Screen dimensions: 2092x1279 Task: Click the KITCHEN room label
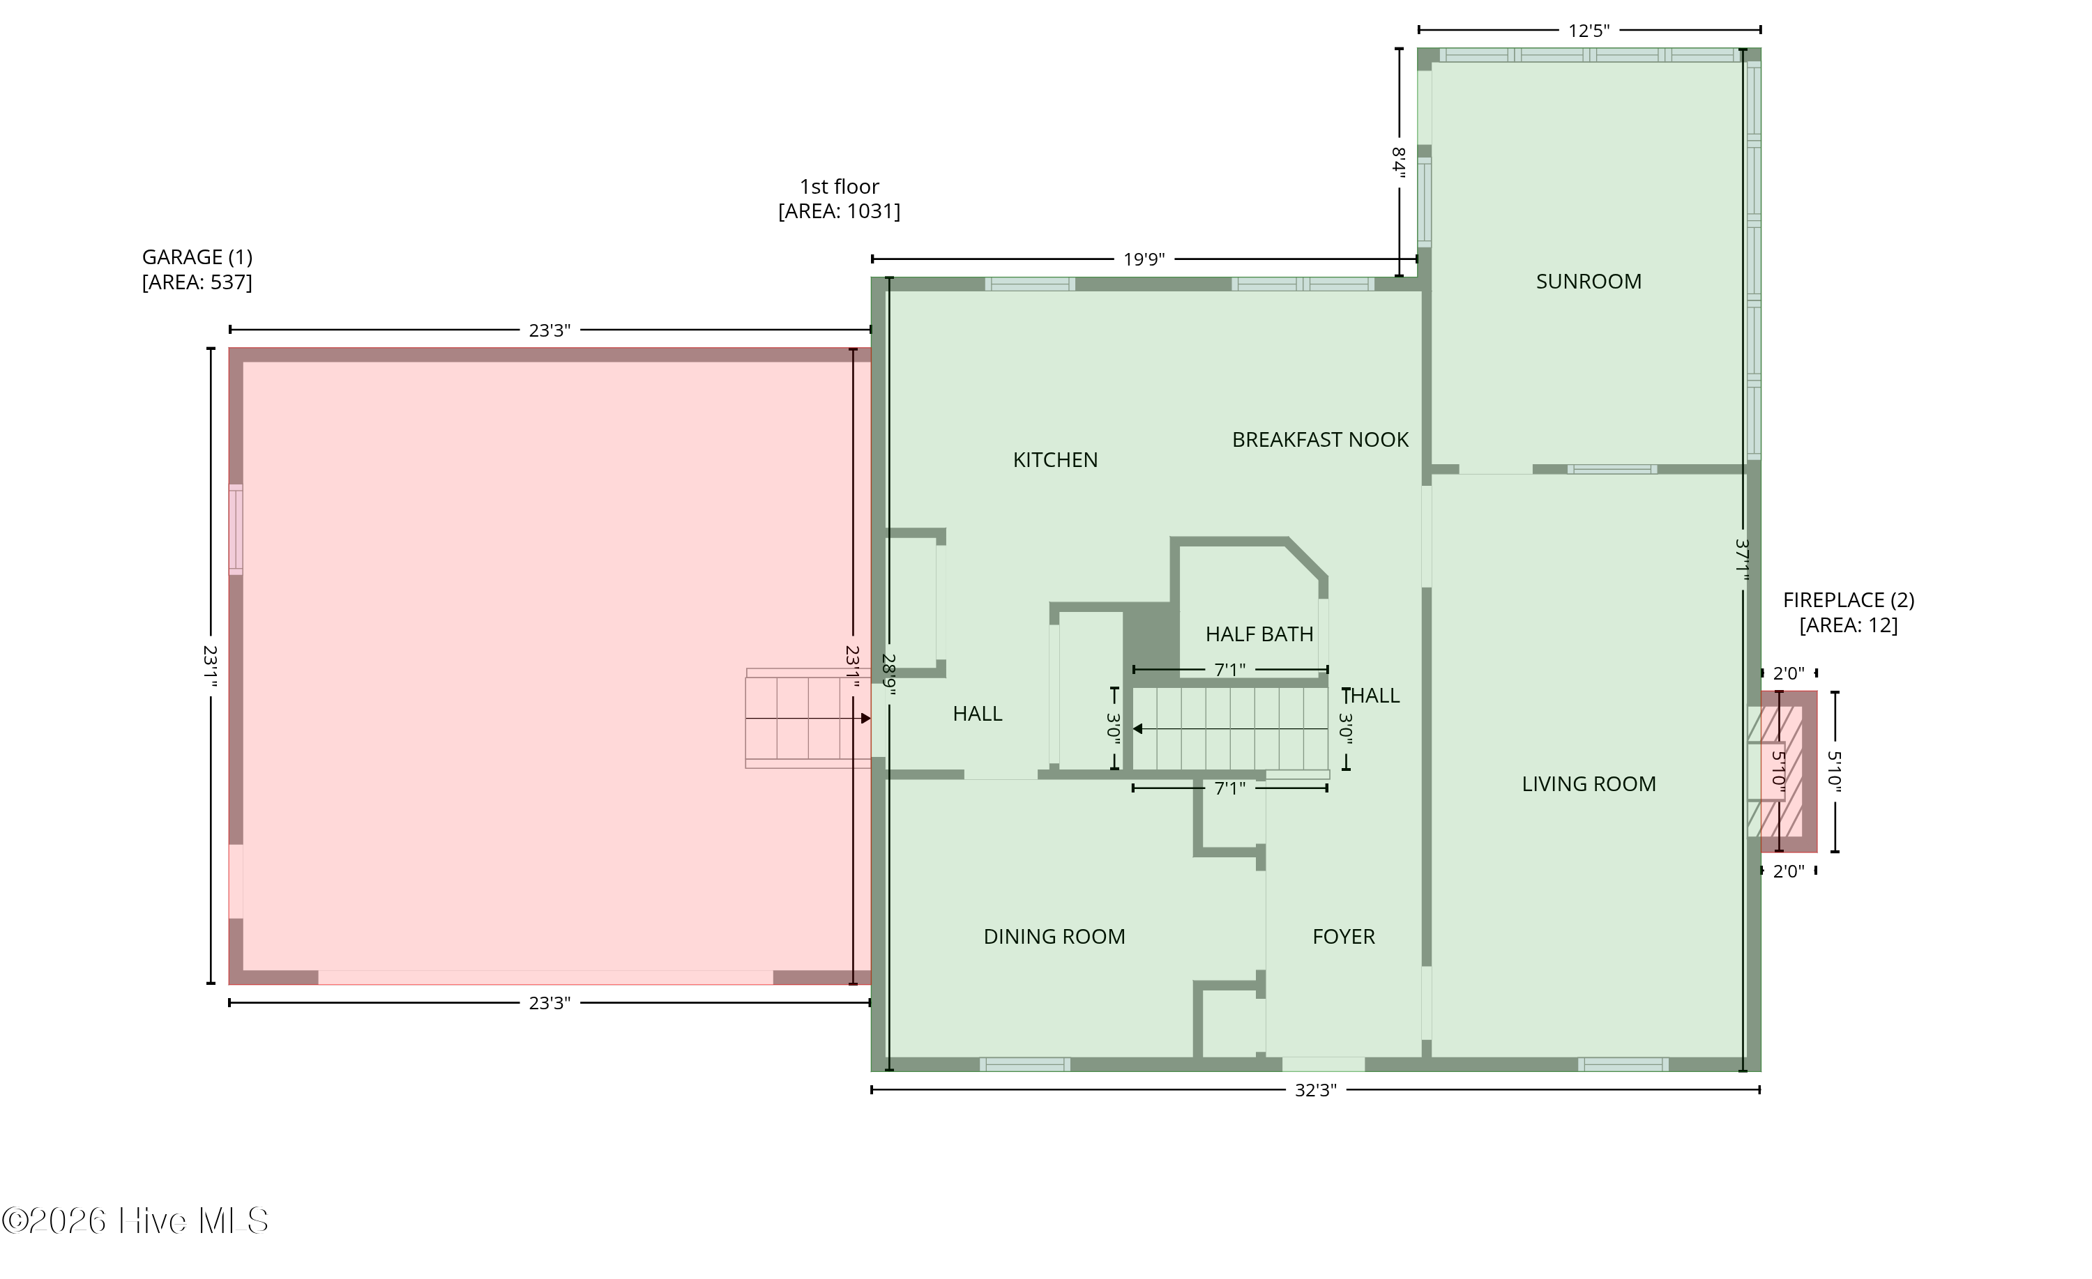pos(1055,460)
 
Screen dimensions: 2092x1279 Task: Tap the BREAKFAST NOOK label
pos(1320,440)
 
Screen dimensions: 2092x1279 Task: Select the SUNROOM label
pos(1589,282)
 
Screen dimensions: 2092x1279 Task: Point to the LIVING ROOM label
pos(1589,784)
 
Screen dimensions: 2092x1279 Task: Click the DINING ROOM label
pos(1054,937)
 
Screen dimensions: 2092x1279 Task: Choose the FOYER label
pos(1343,937)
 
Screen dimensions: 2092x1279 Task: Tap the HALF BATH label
pos(1259,634)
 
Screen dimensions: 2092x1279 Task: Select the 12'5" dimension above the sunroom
pos(1589,31)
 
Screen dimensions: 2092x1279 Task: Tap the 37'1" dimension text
pos(1742,560)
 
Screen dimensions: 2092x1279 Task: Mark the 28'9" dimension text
pos(889,674)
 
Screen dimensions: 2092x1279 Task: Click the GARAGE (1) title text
pos(197,257)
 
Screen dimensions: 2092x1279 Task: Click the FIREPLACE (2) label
pos(1849,601)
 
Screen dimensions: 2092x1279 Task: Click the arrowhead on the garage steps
pos(866,719)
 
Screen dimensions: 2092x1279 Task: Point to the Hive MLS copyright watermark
pos(135,1221)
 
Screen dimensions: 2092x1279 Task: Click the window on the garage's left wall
pos(235,530)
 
